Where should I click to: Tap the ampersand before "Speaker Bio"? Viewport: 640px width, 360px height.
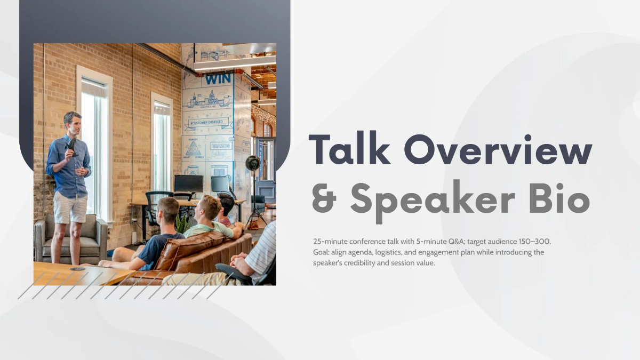(325, 198)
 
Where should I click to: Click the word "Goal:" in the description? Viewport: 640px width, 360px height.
(322, 252)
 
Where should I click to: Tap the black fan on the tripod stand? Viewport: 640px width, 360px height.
(252, 163)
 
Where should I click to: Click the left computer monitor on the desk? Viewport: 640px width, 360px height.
(188, 183)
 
